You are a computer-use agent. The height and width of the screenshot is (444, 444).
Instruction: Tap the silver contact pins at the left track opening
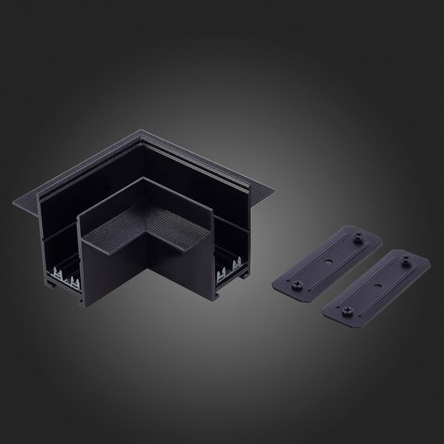(67, 276)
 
